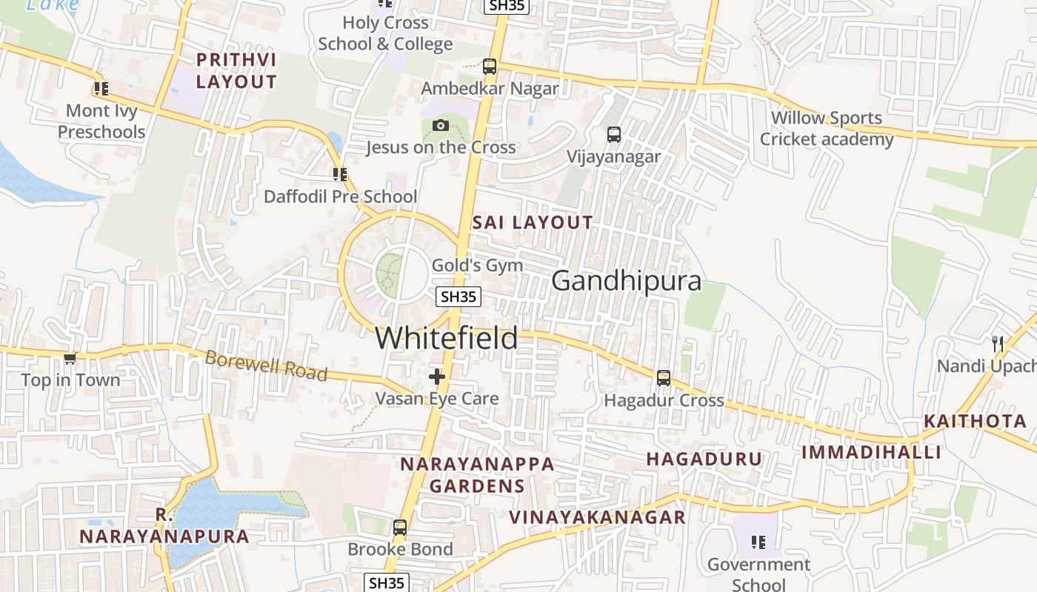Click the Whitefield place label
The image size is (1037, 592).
tap(446, 338)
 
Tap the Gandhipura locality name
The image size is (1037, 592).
tap(626, 281)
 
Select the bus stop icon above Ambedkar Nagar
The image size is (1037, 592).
tap(490, 66)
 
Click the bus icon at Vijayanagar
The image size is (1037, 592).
tap(613, 134)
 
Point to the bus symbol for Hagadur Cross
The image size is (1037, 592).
tap(664, 377)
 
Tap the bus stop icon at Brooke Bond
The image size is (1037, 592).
tap(400, 528)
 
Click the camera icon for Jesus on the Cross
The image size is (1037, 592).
tap(441, 125)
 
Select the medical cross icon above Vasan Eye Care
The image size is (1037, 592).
tap(437, 377)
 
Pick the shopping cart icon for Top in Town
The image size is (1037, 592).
tap(70, 358)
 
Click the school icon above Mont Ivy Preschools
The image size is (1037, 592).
tap(101, 89)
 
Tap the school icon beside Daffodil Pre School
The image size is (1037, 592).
tap(340, 175)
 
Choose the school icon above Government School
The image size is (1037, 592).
tap(758, 542)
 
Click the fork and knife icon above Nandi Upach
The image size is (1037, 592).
tap(998, 343)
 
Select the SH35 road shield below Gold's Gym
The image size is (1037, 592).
tap(458, 297)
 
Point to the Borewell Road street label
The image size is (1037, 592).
tap(266, 366)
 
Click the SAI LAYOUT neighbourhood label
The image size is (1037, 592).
tap(533, 222)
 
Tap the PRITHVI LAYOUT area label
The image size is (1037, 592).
tap(236, 71)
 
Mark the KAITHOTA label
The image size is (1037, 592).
tap(975, 422)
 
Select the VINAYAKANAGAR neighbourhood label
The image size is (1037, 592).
tap(597, 517)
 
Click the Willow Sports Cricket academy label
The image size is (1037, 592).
tap(827, 129)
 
